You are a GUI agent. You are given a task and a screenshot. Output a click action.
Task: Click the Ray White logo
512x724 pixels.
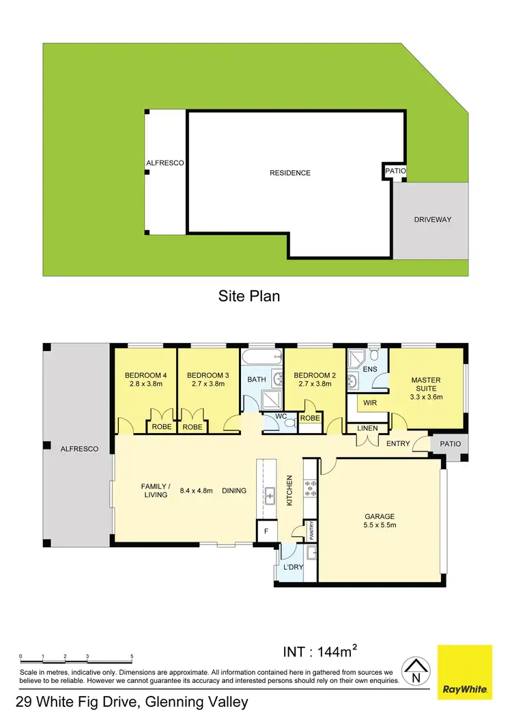[464, 671]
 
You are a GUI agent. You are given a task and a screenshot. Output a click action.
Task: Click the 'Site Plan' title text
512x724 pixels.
[249, 296]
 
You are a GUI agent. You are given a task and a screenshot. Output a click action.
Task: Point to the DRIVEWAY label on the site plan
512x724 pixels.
[433, 220]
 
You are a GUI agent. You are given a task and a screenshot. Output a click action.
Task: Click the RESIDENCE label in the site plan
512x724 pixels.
[290, 173]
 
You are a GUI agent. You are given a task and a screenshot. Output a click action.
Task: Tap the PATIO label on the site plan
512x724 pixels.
[395, 171]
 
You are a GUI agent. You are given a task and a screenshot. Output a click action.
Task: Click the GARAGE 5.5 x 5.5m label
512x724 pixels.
[380, 520]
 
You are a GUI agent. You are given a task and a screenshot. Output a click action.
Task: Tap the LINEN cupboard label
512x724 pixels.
[368, 428]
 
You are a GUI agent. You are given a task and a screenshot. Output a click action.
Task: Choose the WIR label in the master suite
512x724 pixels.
[370, 403]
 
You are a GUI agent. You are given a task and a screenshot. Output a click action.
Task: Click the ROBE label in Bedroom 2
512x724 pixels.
[310, 417]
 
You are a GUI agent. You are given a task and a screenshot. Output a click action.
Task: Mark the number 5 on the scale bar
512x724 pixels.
[132, 656]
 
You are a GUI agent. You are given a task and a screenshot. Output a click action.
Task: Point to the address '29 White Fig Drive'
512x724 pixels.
[79, 702]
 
